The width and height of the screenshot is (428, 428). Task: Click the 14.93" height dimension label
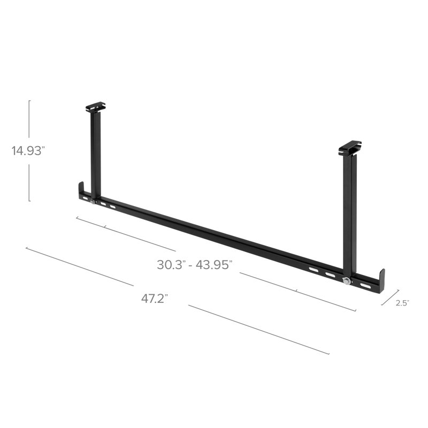27,151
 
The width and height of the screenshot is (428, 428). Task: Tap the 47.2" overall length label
155,299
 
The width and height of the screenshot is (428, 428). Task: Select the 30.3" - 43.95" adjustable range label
195,264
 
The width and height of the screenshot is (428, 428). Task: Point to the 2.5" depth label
402,303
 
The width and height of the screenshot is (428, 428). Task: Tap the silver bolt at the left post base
94,202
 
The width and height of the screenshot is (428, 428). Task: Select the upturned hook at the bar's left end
81,190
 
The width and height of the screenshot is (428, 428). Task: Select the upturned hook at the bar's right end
381,278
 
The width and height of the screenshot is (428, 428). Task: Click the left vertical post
96,155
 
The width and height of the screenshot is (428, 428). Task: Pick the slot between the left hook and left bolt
85,199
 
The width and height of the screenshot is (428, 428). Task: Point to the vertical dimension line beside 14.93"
29,151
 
